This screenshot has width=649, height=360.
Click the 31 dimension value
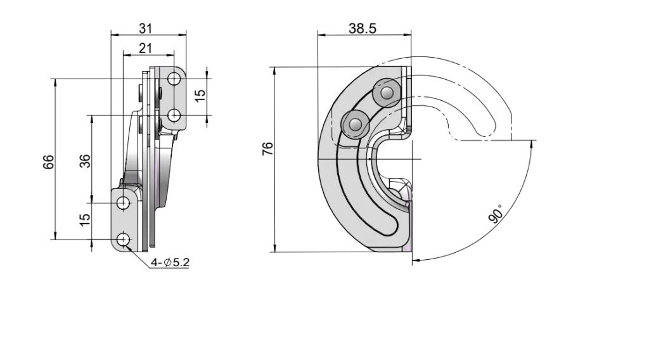[x=146, y=28]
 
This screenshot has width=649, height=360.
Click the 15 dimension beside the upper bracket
[x=200, y=95]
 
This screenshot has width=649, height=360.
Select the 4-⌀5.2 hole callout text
[x=169, y=262]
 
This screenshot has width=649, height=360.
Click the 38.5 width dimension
[x=363, y=28]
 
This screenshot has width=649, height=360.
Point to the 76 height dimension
[x=267, y=148]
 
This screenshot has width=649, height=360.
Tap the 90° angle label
[x=496, y=214]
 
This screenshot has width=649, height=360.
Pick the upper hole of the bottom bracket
[x=123, y=203]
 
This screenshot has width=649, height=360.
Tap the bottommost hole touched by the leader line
[x=123, y=240]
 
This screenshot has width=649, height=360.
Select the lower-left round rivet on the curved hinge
[x=354, y=122]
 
